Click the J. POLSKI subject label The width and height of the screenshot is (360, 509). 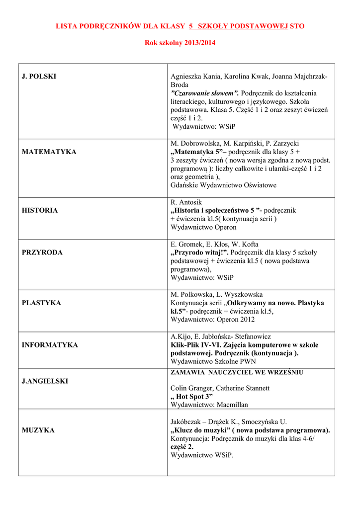coord(39,77)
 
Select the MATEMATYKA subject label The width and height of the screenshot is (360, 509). coord(49,152)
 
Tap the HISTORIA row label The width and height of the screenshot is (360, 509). coord(40,210)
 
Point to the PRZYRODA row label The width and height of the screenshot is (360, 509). coord(42,253)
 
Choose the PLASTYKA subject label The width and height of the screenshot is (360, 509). coord(41,303)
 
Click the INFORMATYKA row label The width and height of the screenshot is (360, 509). coord(50,345)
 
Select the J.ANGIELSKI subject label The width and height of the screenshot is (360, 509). coord(45,381)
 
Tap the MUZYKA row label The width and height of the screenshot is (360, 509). coord(38,430)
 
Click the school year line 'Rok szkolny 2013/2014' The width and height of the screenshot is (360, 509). coord(180,43)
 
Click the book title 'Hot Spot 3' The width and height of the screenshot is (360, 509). coord(191,396)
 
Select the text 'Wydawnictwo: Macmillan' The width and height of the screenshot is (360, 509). coord(209,405)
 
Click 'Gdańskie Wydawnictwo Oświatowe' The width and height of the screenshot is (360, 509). coord(223,185)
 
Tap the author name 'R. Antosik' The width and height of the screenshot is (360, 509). coord(187,202)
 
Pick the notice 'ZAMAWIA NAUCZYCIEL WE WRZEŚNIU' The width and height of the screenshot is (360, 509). coord(237,372)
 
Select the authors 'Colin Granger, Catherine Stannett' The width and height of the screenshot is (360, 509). coord(220,388)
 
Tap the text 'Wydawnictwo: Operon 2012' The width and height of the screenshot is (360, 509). coord(212,320)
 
